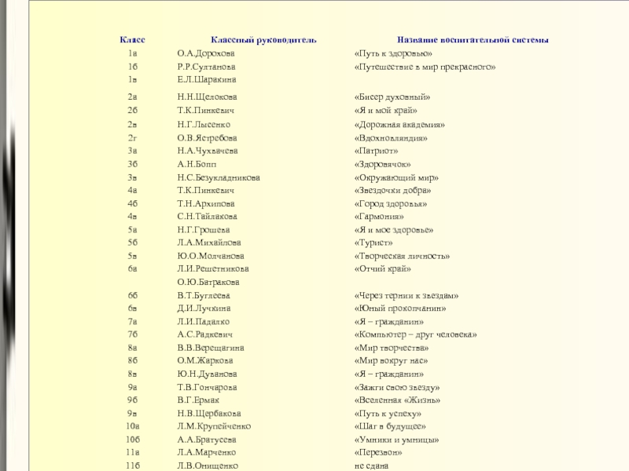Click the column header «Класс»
[x=132, y=39]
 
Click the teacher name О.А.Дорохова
[x=206, y=53]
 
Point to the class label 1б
[x=132, y=68]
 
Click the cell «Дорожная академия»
[x=400, y=124]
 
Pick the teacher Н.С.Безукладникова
[x=219, y=177]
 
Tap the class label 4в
[x=132, y=217]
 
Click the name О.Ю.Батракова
[x=208, y=282]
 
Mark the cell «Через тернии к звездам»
[x=406, y=295]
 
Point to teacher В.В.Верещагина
[x=211, y=348]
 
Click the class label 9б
[x=132, y=400]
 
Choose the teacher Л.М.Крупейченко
[x=214, y=426]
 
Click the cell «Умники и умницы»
[x=397, y=440]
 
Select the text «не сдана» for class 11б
[x=372, y=466]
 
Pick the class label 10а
[x=132, y=426]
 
